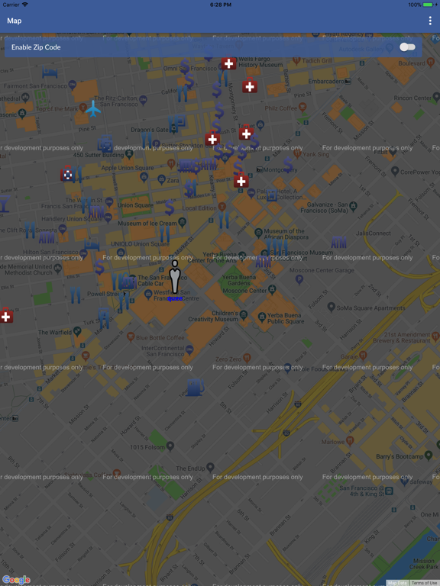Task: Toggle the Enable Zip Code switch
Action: [x=408, y=47]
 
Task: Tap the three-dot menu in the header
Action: [x=430, y=21]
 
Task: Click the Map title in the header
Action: [x=15, y=21]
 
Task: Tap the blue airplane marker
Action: [x=93, y=109]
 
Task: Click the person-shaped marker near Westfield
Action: [x=175, y=279]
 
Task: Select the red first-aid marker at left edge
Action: [x=6, y=316]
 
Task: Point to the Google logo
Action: [x=16, y=580]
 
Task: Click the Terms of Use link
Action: [x=425, y=583]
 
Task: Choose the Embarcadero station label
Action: [x=325, y=81]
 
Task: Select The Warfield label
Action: [x=55, y=332]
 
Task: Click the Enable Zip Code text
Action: [x=36, y=47]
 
